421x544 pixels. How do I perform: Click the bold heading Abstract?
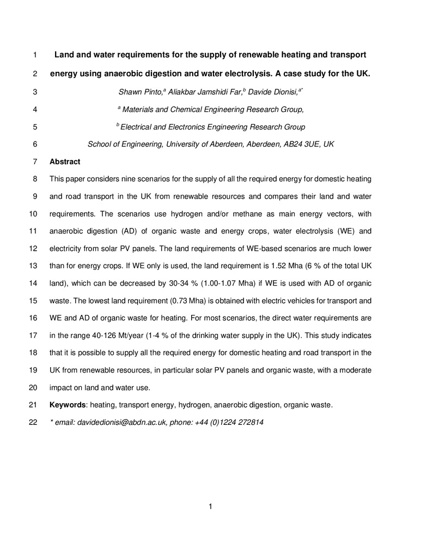(65, 162)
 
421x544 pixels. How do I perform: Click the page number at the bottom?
(210, 507)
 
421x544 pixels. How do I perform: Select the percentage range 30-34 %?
(200, 283)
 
